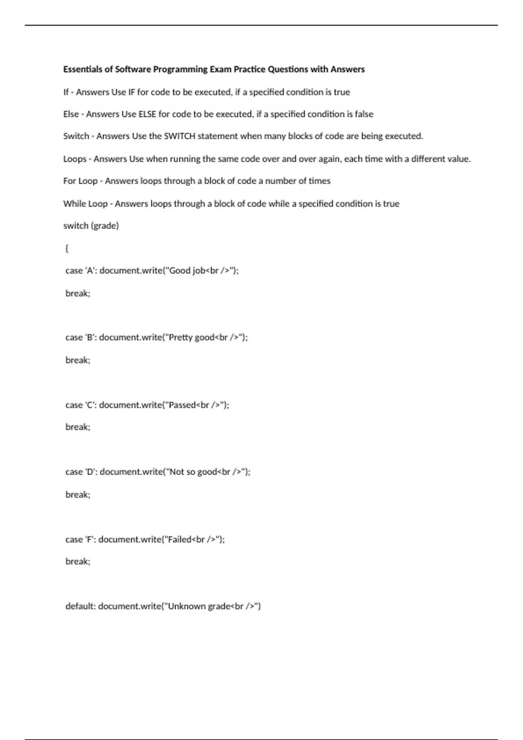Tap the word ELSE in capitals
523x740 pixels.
tap(147, 114)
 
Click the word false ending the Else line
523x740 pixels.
tap(364, 114)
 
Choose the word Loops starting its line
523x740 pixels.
tap(75, 159)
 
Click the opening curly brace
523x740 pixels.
tap(67, 249)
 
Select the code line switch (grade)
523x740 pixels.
tap(91, 226)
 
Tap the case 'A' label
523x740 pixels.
tap(81, 271)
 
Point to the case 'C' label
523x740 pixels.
tap(81, 405)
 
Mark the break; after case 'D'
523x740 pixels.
tap(78, 494)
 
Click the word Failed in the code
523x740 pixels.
tap(180, 540)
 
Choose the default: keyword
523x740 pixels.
tap(80, 606)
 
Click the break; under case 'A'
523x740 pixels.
tap(78, 293)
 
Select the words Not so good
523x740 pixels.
tap(193, 472)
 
